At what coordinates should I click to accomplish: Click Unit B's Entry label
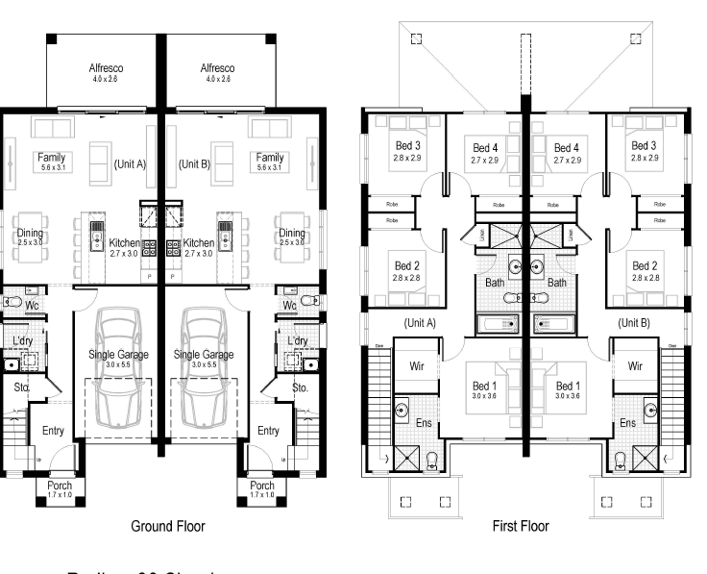click(269, 431)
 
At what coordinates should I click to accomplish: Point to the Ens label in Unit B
click(627, 423)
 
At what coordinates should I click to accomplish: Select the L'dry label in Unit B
click(297, 340)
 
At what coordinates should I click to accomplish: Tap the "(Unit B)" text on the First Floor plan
click(633, 323)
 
